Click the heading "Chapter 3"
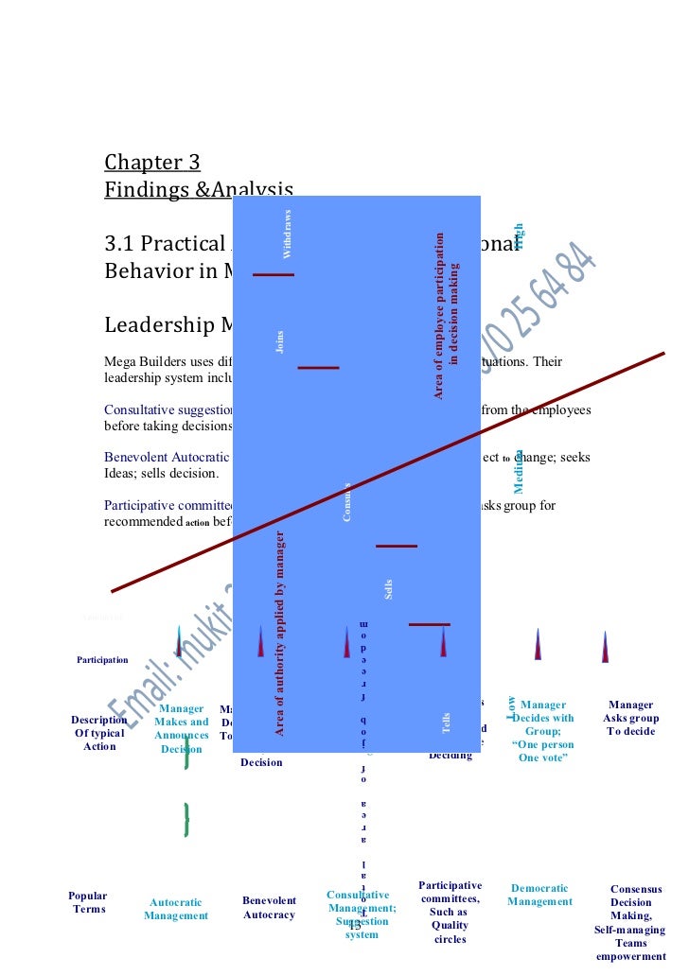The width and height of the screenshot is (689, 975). pyautogui.click(x=152, y=162)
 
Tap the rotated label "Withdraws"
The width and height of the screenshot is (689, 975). pyautogui.click(x=288, y=234)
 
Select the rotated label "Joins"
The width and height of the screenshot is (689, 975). pyautogui.click(x=280, y=342)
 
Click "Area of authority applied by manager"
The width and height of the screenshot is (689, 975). pyautogui.click(x=280, y=634)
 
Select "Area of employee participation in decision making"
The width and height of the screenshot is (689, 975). pyautogui.click(x=446, y=315)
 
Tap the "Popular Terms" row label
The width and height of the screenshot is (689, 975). pyautogui.click(x=88, y=902)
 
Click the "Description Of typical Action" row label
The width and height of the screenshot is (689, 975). pyautogui.click(x=99, y=733)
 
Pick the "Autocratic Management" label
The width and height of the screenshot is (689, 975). pyautogui.click(x=176, y=909)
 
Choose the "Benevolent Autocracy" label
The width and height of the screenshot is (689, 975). pyautogui.click(x=269, y=908)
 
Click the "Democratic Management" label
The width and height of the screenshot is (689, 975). pyautogui.click(x=539, y=895)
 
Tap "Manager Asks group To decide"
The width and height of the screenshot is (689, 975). pyautogui.click(x=631, y=718)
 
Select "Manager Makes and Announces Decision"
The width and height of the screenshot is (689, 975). pyautogui.click(x=182, y=728)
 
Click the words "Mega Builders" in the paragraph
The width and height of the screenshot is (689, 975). pyautogui.click(x=143, y=360)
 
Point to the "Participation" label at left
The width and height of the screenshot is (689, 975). pyautogui.click(x=102, y=659)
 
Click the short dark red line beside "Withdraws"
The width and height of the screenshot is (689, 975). pyautogui.click(x=274, y=274)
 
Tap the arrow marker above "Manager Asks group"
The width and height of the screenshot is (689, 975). pyautogui.click(x=606, y=647)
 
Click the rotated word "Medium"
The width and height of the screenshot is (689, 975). pyautogui.click(x=519, y=470)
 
